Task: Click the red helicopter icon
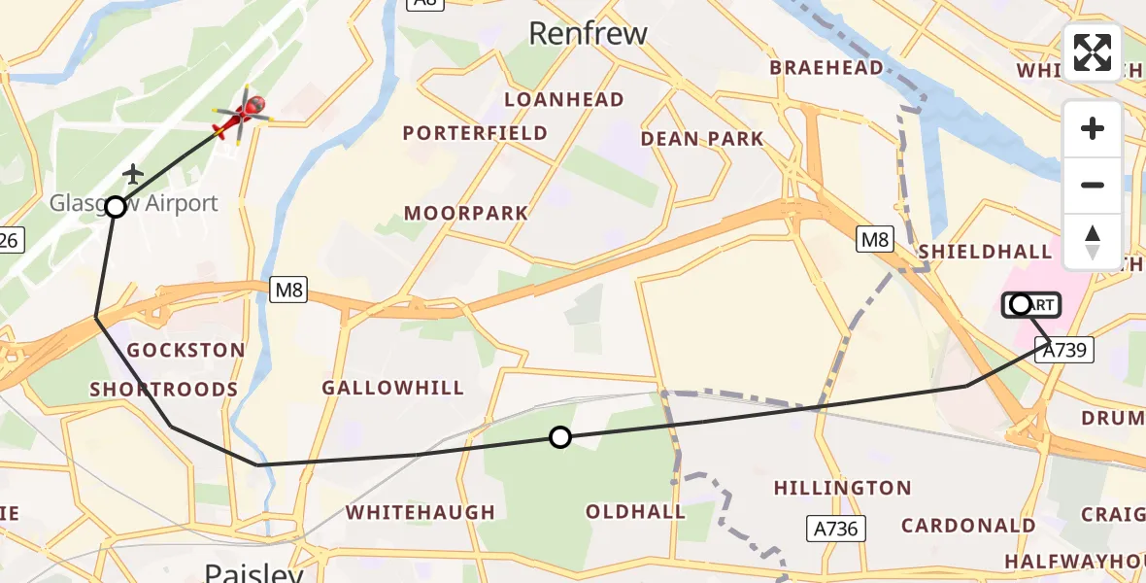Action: click(x=243, y=116)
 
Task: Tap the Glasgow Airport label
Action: click(x=134, y=204)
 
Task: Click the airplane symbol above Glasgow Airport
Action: click(x=133, y=174)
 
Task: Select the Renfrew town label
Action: click(x=588, y=34)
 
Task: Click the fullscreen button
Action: click(x=1093, y=52)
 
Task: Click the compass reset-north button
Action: click(x=1093, y=241)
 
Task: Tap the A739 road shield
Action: click(x=1064, y=350)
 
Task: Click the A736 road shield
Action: click(x=835, y=528)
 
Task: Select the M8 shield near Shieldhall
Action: click(x=874, y=239)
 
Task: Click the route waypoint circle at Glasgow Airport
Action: click(x=116, y=207)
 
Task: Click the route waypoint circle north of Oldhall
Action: click(x=559, y=437)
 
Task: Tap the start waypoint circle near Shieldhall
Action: click(x=1020, y=305)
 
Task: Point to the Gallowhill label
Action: click(x=392, y=389)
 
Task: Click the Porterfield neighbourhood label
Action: click(x=475, y=133)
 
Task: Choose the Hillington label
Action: click(x=842, y=488)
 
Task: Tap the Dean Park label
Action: click(x=702, y=139)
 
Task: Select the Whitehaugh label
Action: click(x=420, y=512)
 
